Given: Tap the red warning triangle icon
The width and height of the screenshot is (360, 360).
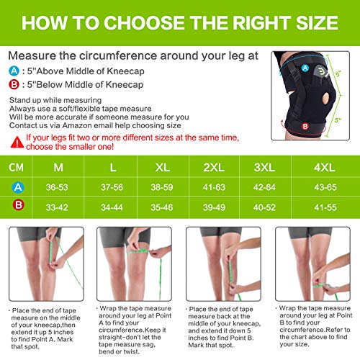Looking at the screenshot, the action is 17,142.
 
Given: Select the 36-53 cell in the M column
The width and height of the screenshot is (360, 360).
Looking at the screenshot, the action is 57,187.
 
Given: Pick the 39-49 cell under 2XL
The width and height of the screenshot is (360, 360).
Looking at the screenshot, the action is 214,207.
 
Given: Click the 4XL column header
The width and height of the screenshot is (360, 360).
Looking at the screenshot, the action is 325,167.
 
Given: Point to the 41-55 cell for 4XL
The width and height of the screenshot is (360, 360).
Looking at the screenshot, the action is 325,207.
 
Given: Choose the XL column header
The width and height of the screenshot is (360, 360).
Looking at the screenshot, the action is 163,167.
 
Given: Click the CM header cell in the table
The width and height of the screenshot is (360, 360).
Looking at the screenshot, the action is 16,167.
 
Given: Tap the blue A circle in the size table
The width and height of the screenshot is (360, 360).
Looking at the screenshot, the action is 18,187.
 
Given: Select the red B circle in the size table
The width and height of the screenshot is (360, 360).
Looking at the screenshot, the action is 18,205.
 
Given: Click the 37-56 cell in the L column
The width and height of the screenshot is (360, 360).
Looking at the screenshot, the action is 112,187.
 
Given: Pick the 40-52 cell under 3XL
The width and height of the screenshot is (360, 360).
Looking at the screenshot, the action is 264,207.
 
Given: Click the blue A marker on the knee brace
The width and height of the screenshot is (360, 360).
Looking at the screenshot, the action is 305,68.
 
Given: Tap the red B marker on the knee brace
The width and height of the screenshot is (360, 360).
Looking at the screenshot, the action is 305,126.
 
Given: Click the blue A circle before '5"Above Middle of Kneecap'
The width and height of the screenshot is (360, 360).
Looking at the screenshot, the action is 14,71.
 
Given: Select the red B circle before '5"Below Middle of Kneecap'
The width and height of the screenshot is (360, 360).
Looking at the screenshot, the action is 14,84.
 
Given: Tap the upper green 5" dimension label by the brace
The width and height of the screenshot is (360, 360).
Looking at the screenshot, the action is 338,73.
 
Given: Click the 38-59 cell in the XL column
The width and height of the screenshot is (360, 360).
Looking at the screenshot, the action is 162,187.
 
